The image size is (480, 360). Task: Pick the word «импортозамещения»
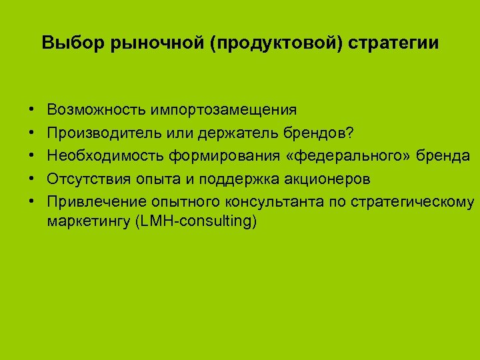pos(223,109)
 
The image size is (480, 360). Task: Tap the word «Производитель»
pos(100,132)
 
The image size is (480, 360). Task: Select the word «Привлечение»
pos(93,201)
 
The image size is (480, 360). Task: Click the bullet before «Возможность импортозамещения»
pos(32,109)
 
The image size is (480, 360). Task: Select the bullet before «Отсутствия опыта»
pos(32,179)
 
